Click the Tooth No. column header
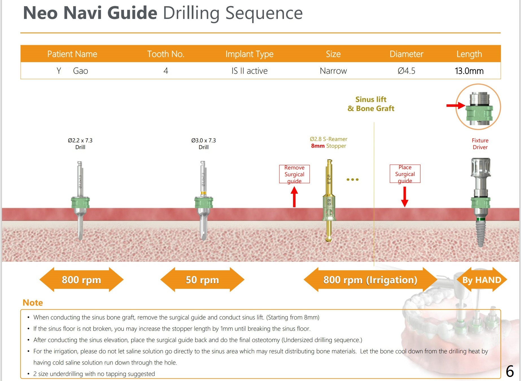click(x=166, y=54)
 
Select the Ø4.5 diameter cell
click(x=406, y=71)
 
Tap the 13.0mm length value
click(x=469, y=71)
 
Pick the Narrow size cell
click(x=333, y=71)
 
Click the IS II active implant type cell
click(x=249, y=71)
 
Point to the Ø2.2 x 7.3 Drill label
click(x=80, y=143)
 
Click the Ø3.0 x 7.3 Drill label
click(x=203, y=143)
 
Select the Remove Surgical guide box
click(x=294, y=174)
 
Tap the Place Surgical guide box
click(x=405, y=174)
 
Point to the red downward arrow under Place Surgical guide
click(x=405, y=197)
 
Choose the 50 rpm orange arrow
click(x=202, y=280)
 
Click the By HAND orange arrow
click(x=482, y=280)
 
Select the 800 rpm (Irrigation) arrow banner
click(x=370, y=280)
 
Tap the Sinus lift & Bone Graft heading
click(x=371, y=104)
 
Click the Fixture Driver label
click(x=480, y=143)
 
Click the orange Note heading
click(x=33, y=302)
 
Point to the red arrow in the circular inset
click(x=455, y=106)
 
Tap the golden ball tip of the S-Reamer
click(x=329, y=239)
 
